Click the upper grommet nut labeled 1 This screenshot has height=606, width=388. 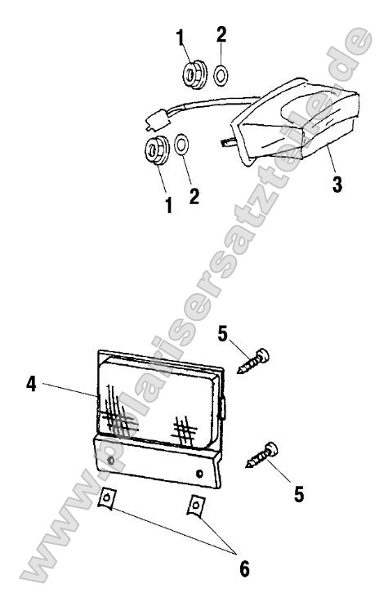pyautogui.click(x=194, y=74)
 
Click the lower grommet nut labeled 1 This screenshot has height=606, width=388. pyautogui.click(x=157, y=149)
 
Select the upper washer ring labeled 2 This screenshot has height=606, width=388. pyautogui.click(x=221, y=74)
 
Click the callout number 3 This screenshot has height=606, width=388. pyautogui.click(x=337, y=184)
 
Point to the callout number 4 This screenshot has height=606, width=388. pyautogui.click(x=31, y=384)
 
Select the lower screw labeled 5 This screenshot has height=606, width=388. pyautogui.click(x=262, y=454)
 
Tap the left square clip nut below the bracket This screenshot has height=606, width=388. pyautogui.click(x=107, y=497)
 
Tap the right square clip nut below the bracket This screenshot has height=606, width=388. pyautogui.click(x=196, y=505)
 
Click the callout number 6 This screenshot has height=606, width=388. pyautogui.click(x=244, y=568)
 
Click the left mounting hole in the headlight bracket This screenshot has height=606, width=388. pyautogui.click(x=111, y=461)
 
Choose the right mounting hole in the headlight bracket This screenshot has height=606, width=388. pyautogui.click(x=200, y=472)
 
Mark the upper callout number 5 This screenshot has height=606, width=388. pyautogui.click(x=223, y=334)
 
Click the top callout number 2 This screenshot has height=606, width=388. pyautogui.click(x=221, y=35)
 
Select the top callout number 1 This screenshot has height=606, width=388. pyautogui.click(x=180, y=37)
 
